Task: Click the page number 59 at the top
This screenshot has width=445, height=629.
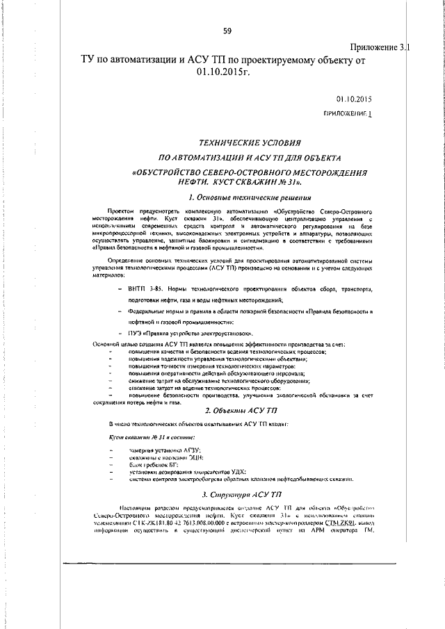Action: click(x=227, y=31)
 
